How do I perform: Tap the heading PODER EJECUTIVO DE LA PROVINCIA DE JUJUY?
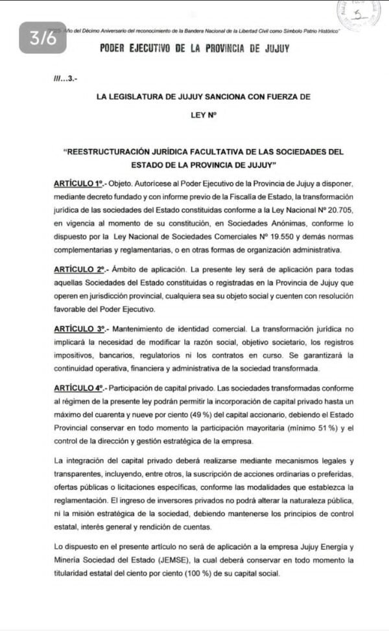194,49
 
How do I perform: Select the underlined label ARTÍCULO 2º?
79,267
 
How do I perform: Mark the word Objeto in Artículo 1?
121,185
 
